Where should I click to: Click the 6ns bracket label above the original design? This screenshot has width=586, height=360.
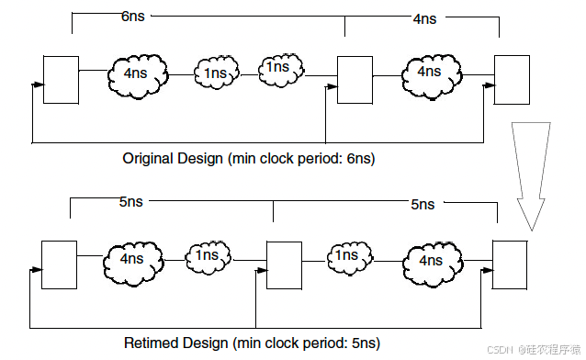click(133, 17)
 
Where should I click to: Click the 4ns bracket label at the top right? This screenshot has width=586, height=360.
click(424, 18)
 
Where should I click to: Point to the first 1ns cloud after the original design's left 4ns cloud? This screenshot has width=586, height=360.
click(217, 72)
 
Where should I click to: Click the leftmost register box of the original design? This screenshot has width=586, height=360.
click(62, 79)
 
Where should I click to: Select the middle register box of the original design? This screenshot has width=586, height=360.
click(355, 79)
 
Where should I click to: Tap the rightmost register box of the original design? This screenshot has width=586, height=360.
click(512, 79)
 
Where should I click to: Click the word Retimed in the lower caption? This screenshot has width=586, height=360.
click(150, 343)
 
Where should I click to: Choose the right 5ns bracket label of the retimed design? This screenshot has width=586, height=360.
click(423, 204)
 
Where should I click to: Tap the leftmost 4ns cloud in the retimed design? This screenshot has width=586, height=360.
click(133, 259)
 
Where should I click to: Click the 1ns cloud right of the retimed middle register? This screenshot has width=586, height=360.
click(346, 256)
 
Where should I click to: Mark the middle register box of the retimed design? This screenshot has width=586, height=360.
click(284, 264)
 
